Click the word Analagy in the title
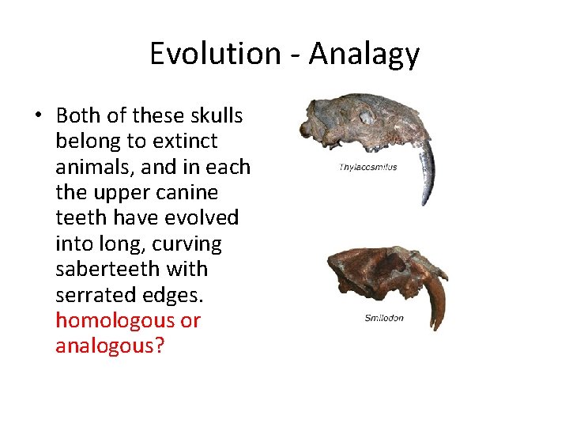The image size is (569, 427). (x=364, y=55)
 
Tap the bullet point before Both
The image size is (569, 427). (x=37, y=116)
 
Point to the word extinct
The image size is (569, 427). (x=181, y=142)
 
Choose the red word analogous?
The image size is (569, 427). (x=109, y=346)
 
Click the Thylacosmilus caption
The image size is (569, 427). (x=367, y=168)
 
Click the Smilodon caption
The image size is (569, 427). (x=384, y=318)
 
